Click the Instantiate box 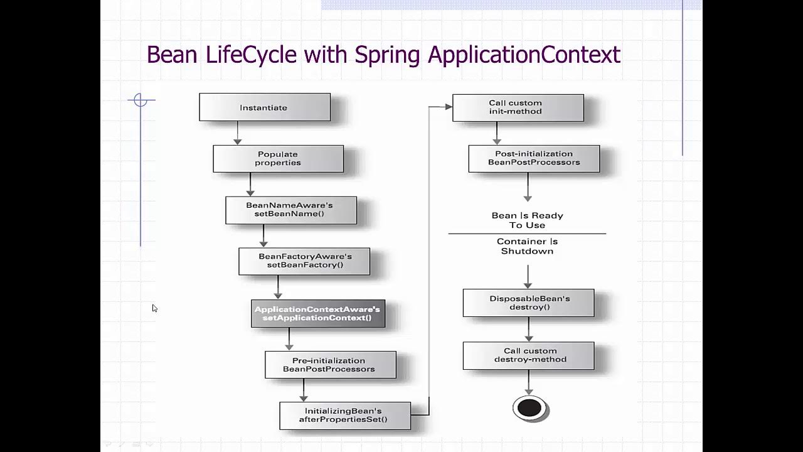click(264, 107)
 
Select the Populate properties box click(278, 158)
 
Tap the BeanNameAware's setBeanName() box click(290, 210)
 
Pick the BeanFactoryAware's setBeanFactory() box click(304, 261)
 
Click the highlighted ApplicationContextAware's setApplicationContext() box click(317, 313)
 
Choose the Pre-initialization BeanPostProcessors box click(330, 365)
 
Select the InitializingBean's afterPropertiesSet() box click(344, 416)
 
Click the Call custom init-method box click(518, 107)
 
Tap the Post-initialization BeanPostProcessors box click(534, 158)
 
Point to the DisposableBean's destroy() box click(528, 303)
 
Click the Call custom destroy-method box click(528, 355)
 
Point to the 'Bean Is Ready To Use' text click(527, 220)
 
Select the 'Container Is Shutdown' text click(527, 246)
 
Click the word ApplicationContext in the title click(524, 55)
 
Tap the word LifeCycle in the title click(250, 55)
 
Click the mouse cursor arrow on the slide click(154, 308)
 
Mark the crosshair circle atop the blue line click(141, 100)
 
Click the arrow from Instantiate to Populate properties click(237, 133)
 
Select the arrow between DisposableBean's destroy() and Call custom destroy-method click(528, 329)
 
